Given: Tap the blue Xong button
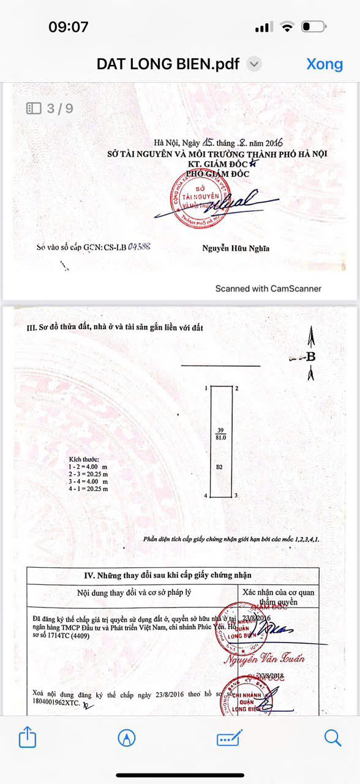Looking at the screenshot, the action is coord(324,64).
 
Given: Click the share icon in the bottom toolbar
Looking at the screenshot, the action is coord(28,737).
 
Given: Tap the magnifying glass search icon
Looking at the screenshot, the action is coord(332,737).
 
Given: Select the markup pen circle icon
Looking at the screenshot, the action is coord(127,737).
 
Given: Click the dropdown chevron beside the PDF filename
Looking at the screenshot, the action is coord(255,64).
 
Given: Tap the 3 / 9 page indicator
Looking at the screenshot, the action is coord(50,108).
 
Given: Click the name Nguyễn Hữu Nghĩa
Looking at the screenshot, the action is coord(236,248).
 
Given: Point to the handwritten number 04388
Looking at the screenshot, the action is coord(139,247).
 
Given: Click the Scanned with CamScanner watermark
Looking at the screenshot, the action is coord(268,288).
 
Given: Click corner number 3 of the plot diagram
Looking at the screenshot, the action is coord(236,495).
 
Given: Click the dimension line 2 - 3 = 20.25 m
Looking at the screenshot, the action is coord(89,474).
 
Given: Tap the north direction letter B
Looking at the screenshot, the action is coord(310,356).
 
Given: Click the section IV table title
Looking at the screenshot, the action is coord(167,575).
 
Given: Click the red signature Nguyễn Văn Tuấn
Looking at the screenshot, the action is coord(264,659).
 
